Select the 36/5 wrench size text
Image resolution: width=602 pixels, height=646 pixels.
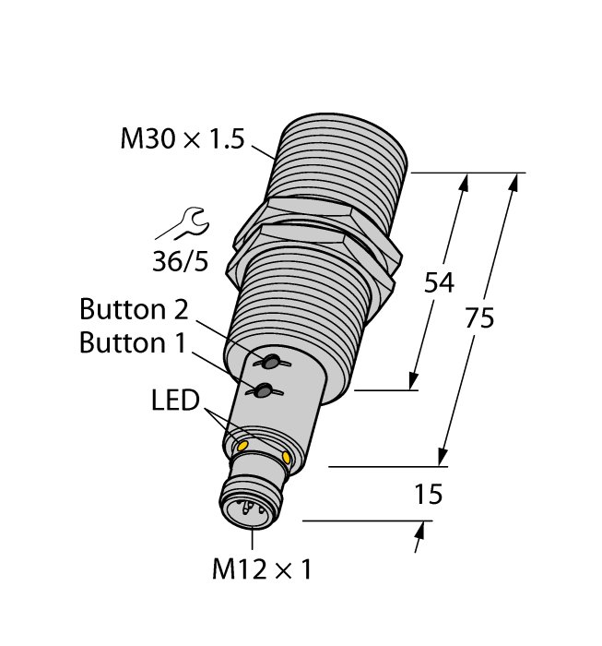[x=180, y=262]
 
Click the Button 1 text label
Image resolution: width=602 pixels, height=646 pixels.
[x=133, y=342]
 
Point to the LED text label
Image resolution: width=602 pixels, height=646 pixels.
[x=176, y=402]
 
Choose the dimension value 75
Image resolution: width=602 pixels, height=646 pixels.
[x=479, y=318]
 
